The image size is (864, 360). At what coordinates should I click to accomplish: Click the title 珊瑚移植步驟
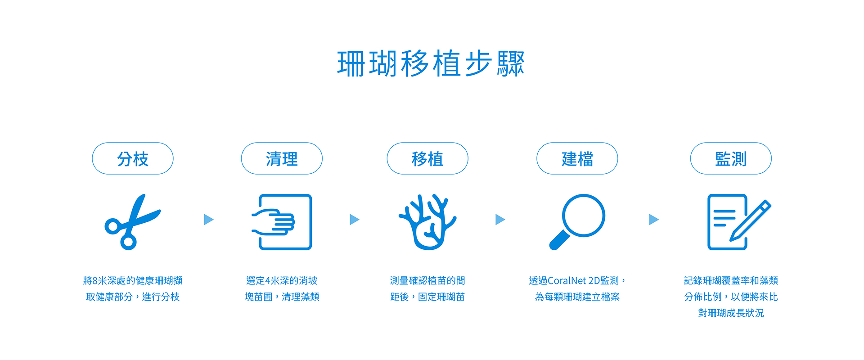[x=431, y=63]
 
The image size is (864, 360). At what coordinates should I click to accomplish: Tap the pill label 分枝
[x=133, y=158]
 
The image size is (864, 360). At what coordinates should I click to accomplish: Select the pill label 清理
[x=282, y=158]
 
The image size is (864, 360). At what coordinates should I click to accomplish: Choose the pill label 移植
[x=427, y=158]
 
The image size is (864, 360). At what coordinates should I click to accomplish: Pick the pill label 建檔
[x=577, y=158]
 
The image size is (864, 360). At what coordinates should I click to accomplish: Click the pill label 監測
[x=731, y=158]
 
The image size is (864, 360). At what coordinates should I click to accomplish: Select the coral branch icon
[x=427, y=222]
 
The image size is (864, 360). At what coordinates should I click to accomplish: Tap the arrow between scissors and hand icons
[x=208, y=220]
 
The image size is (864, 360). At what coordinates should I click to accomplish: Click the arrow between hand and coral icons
[x=355, y=220]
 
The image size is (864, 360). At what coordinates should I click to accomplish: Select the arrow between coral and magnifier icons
[x=500, y=220]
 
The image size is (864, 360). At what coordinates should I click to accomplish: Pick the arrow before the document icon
[x=654, y=220]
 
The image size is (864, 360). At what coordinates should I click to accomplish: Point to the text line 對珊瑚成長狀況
[x=731, y=313]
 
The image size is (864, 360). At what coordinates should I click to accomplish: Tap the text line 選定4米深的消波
[x=282, y=281]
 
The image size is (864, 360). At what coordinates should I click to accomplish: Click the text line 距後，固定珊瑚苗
[x=427, y=297]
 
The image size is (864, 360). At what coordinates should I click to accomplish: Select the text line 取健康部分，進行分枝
[x=133, y=297]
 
